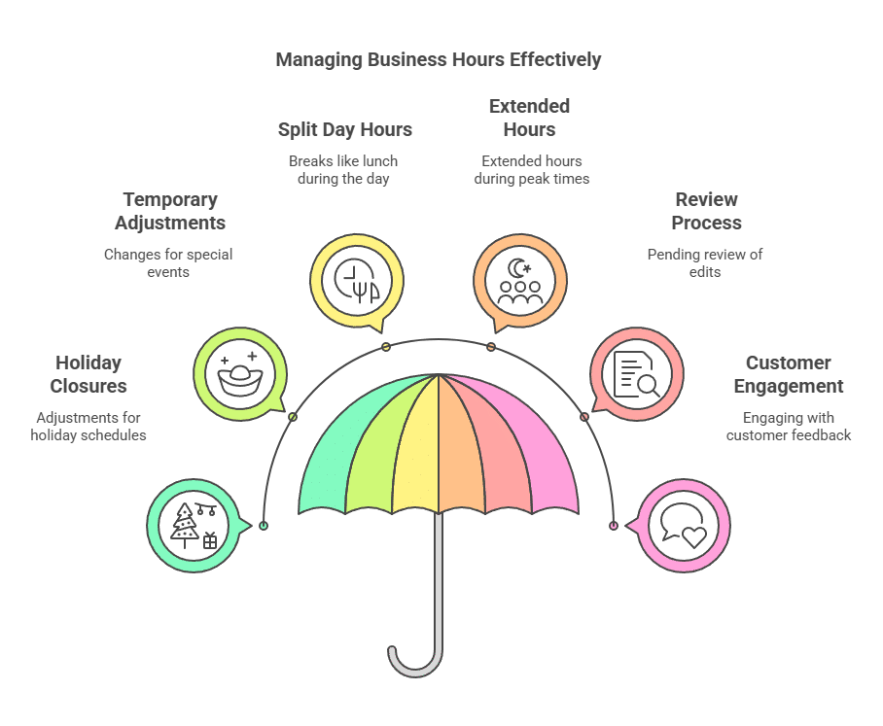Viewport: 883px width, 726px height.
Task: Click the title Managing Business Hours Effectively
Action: [439, 59]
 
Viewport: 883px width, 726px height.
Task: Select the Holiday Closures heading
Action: [88, 374]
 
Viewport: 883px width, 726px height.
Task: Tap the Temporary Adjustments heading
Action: [170, 211]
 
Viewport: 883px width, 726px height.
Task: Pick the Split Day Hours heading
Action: [344, 129]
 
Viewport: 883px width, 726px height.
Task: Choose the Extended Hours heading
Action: [529, 118]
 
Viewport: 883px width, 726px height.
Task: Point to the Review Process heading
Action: [707, 211]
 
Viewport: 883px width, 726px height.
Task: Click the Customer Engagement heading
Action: [788, 374]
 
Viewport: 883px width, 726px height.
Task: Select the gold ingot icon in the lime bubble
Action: [239, 373]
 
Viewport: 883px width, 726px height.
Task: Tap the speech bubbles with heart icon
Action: [683, 526]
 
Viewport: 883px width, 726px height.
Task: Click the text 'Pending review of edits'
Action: [705, 263]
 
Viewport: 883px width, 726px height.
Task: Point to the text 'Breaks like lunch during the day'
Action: [343, 169]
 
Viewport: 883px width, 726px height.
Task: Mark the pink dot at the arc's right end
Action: [614, 526]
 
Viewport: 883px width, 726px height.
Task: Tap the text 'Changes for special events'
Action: [168, 263]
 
